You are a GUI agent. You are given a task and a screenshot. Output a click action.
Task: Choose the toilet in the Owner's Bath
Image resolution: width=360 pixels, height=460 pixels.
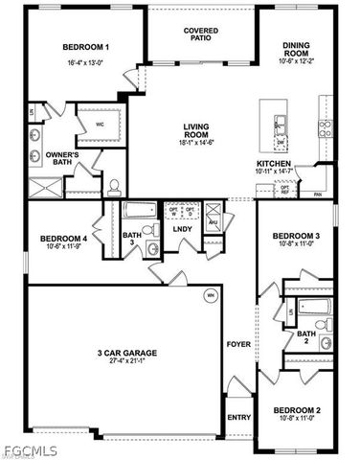tap(113, 184)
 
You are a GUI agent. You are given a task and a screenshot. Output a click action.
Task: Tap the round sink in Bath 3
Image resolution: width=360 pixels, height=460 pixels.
tap(150, 248)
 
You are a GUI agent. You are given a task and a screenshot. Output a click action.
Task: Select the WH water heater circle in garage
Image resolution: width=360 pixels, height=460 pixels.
tap(211, 296)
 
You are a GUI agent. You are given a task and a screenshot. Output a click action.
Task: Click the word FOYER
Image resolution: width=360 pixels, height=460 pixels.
tap(236, 343)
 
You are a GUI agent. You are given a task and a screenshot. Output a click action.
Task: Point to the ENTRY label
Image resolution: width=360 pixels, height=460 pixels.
tap(238, 417)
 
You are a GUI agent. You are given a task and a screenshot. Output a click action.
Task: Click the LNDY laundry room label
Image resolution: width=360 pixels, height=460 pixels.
tap(181, 228)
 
